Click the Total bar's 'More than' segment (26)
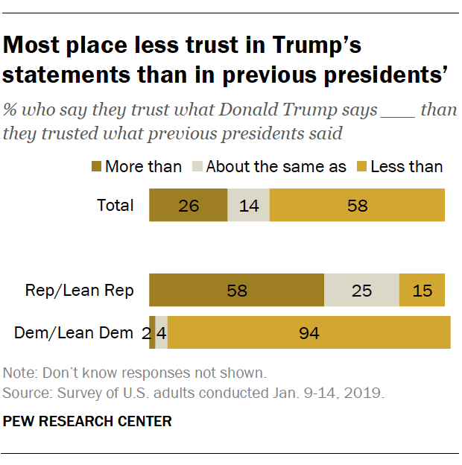coord(189,206)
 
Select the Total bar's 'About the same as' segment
coord(248,206)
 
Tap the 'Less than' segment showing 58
coord(357,206)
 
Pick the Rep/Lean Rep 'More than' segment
coord(237,291)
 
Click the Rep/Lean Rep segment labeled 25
coord(361,291)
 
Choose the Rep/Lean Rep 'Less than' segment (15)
coord(422,291)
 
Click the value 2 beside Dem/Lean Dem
coord(145,333)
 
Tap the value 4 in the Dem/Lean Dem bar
coord(162,333)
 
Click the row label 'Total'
coord(115,206)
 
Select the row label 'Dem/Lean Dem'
coord(73,333)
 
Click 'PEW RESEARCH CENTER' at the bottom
coord(87,422)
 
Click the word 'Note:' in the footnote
coord(19,373)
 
